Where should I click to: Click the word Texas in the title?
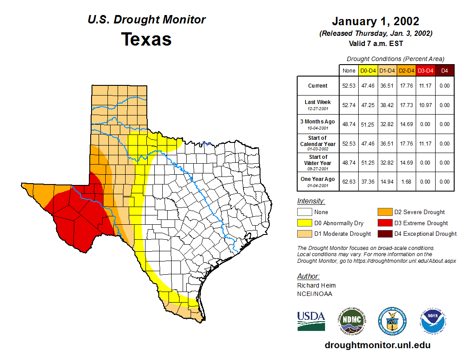[x=146, y=39]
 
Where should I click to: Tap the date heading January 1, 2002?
[x=375, y=21]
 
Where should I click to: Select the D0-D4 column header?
[x=368, y=70]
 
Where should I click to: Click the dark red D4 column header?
[x=444, y=70]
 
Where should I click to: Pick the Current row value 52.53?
[x=348, y=86]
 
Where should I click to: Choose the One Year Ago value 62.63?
[x=348, y=181]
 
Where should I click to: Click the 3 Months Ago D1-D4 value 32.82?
[x=387, y=124]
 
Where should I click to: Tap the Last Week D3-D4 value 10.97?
[x=425, y=105]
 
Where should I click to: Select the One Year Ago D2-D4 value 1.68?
[x=406, y=181]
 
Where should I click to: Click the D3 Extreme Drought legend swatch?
[x=384, y=223]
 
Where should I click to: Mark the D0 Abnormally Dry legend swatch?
[x=304, y=223]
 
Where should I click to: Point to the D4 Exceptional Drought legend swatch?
[x=384, y=234]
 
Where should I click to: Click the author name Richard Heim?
[x=316, y=285]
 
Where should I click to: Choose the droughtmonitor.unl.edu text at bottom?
[x=377, y=345]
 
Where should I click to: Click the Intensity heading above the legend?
[x=311, y=201]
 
